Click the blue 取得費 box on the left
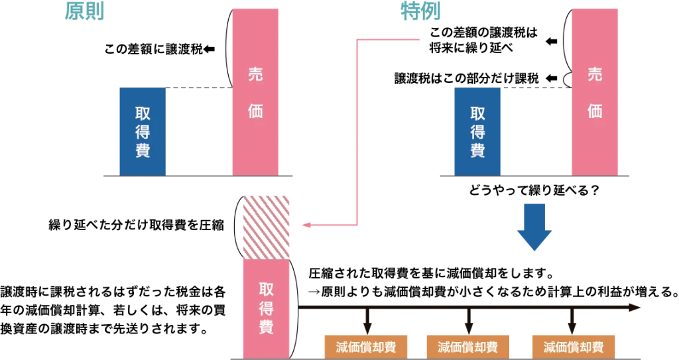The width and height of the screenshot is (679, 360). pyautogui.click(x=143, y=131)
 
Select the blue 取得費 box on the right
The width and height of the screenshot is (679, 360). pyautogui.click(x=477, y=131)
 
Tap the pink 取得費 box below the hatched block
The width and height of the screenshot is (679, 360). pyautogui.click(x=266, y=308)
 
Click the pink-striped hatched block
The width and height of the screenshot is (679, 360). pyautogui.click(x=266, y=225)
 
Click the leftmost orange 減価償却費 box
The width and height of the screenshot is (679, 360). pyautogui.click(x=366, y=347)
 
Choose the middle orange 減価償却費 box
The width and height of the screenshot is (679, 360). pyautogui.click(x=467, y=347)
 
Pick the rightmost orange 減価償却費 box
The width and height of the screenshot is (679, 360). pyautogui.click(x=573, y=347)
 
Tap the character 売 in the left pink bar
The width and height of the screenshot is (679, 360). pyautogui.click(x=255, y=74)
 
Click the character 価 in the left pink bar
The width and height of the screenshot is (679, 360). pyautogui.click(x=255, y=111)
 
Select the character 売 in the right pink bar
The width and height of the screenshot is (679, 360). pyautogui.click(x=595, y=74)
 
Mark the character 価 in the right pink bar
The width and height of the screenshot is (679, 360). pyautogui.click(x=595, y=111)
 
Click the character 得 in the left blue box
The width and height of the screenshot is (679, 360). pyautogui.click(x=143, y=131)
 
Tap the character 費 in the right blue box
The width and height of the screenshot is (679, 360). pyautogui.click(x=477, y=150)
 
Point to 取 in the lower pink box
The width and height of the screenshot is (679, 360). pyautogui.click(x=266, y=290)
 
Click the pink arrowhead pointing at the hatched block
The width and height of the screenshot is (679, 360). pyautogui.click(x=302, y=226)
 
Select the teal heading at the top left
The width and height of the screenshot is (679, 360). pyautogui.click(x=85, y=11)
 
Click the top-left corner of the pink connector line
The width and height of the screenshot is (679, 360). pyautogui.click(x=358, y=40)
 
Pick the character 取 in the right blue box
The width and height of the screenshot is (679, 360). pyautogui.click(x=477, y=113)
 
